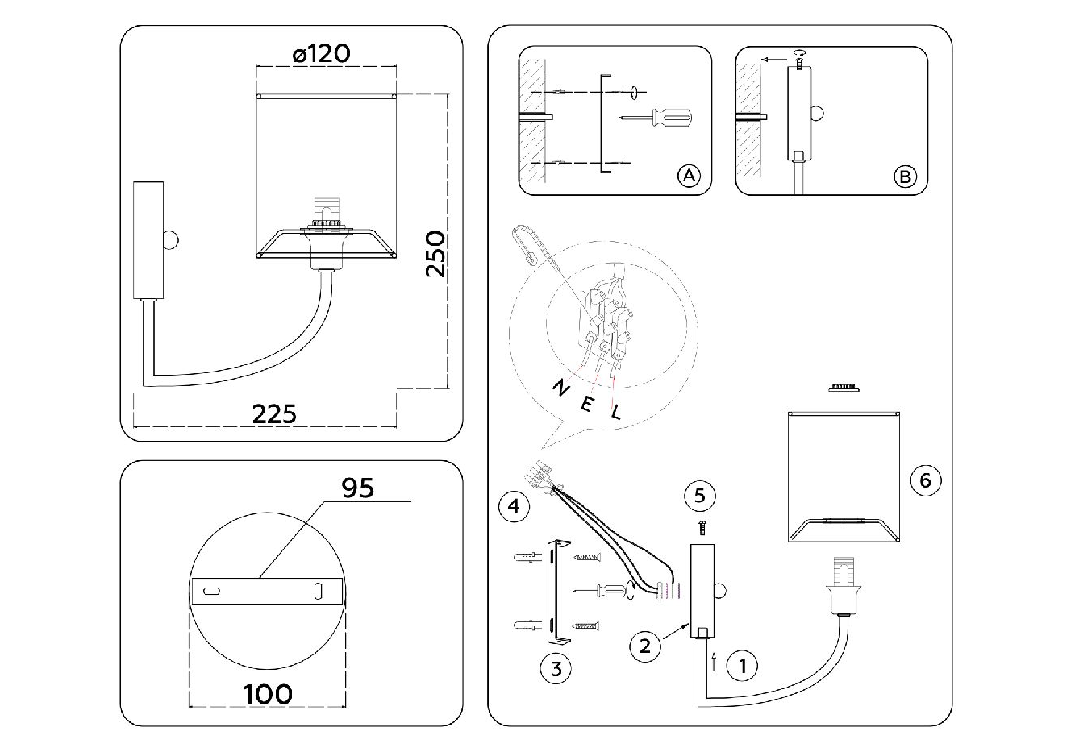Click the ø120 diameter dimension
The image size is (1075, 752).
tap(321, 54)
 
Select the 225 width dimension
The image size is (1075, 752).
tap(275, 413)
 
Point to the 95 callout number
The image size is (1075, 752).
tap(358, 488)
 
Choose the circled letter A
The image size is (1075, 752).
tap(688, 176)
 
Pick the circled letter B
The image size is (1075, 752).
tap(906, 176)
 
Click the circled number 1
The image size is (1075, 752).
tap(743, 666)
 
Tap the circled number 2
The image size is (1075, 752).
tap(645, 646)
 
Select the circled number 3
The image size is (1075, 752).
tap(556, 667)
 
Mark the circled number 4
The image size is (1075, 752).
tap(515, 506)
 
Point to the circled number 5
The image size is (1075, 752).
tap(699, 495)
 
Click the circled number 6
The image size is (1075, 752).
tap(925, 481)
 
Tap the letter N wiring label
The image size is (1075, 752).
tap(559, 388)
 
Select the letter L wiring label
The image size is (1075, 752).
tap(616, 413)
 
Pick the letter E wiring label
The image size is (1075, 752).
tap(587, 404)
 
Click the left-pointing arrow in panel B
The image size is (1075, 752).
tap(775, 59)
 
